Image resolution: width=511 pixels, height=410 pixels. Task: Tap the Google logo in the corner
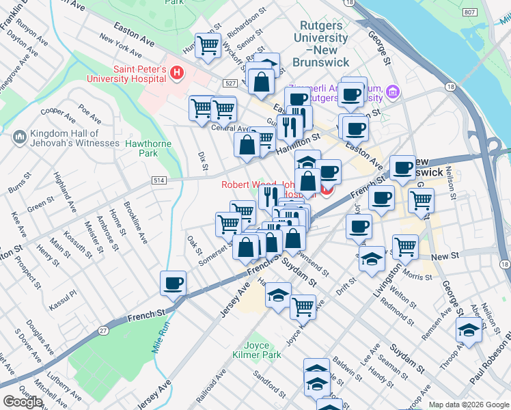[23, 402]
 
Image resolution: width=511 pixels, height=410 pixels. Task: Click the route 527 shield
[229, 83]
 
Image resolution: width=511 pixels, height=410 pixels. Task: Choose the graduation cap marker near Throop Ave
[469, 329]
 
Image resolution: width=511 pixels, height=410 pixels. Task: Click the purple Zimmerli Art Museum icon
[392, 91]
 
